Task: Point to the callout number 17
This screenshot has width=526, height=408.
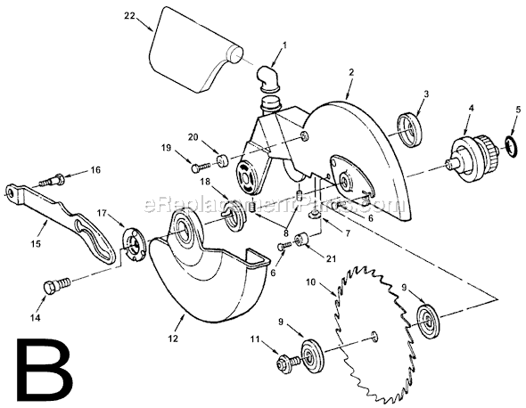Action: (103, 212)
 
